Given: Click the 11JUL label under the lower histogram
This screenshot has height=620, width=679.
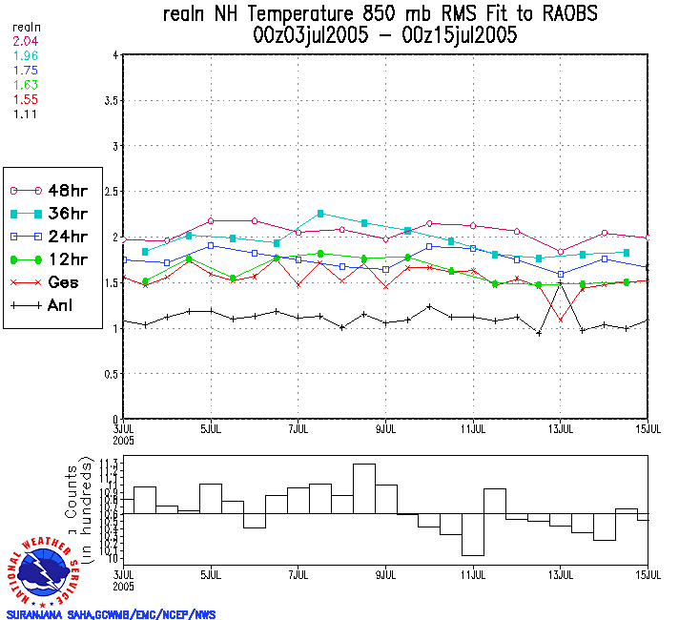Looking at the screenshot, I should (474, 575).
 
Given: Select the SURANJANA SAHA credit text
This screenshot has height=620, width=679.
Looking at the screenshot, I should (111, 614).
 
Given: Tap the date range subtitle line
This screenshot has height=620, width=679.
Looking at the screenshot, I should (385, 35).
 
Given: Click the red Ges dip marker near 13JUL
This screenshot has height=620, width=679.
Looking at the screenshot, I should (561, 320).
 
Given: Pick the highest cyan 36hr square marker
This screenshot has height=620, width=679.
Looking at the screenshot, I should (320, 213).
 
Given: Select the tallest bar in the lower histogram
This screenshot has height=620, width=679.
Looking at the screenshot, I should (363, 488).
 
